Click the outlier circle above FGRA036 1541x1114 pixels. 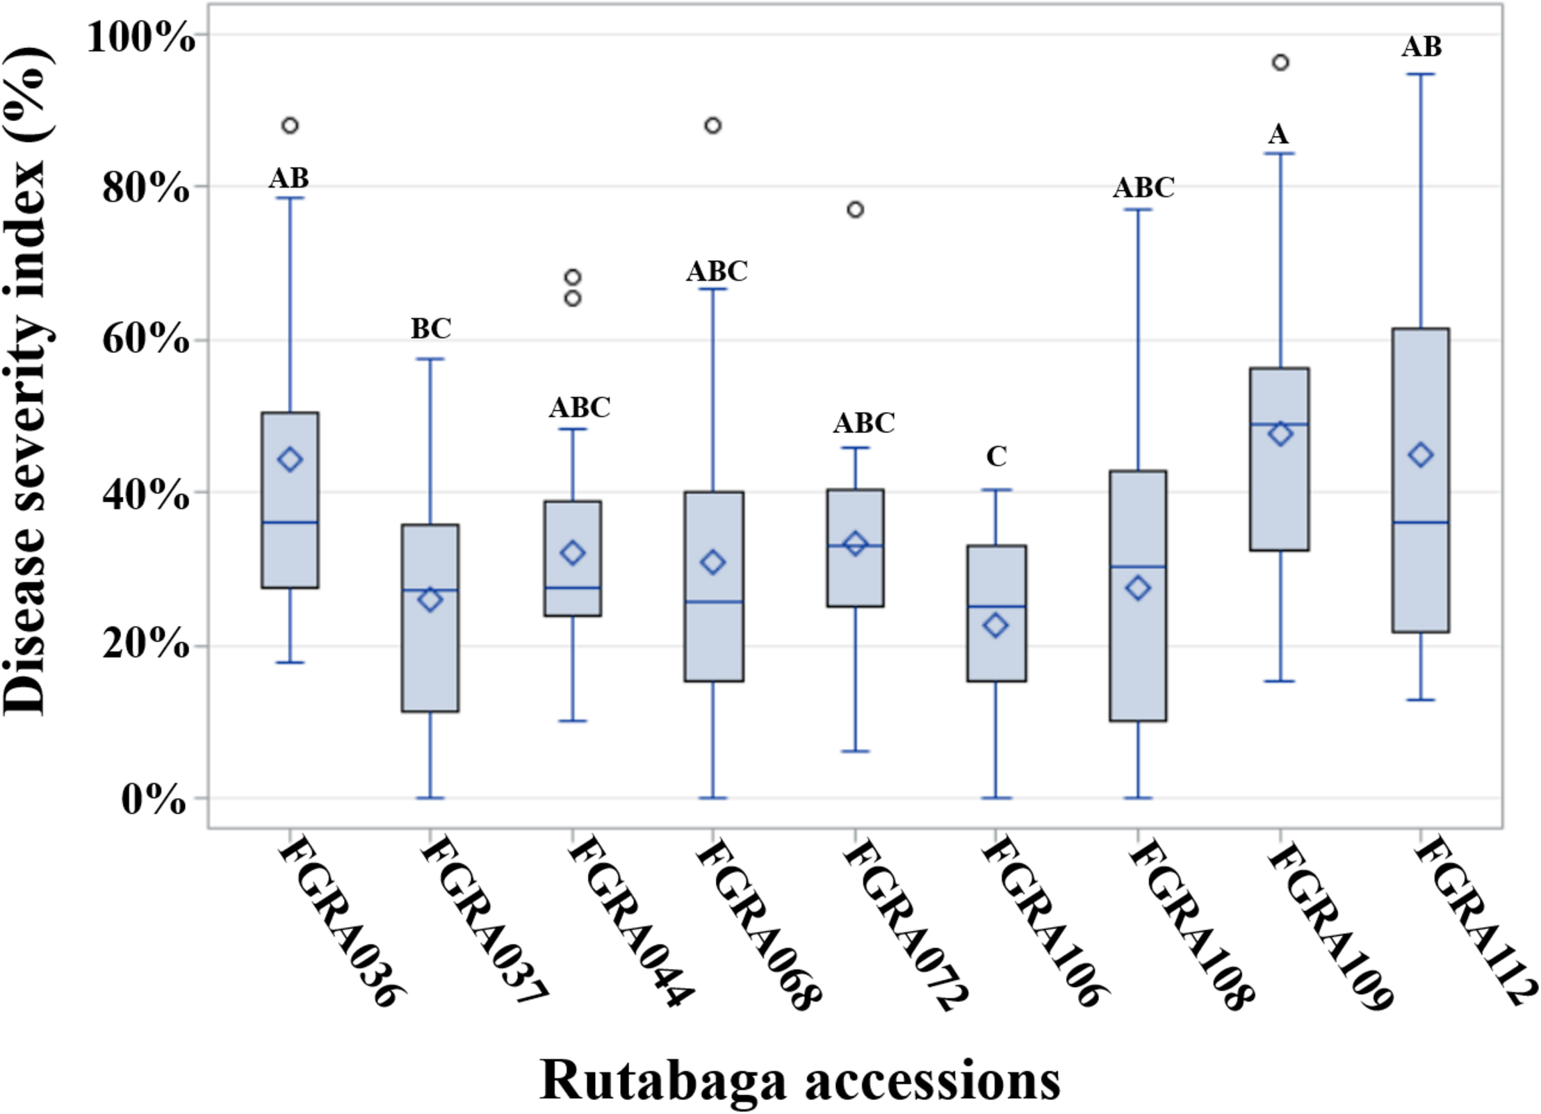[x=290, y=125]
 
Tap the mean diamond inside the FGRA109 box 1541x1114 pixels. [x=1280, y=434]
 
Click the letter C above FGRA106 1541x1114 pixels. [x=996, y=457]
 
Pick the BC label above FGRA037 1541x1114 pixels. [x=431, y=329]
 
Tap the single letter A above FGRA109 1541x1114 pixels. [x=1278, y=134]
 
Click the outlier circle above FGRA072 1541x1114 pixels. [x=855, y=209]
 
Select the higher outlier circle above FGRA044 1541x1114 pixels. [x=573, y=277]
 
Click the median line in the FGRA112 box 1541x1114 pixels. [x=1421, y=522]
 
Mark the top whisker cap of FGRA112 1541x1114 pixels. [x=1421, y=74]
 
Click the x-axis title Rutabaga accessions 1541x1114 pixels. [x=799, y=1081]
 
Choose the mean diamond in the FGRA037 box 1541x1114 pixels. [x=430, y=600]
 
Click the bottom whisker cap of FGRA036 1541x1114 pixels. [x=290, y=662]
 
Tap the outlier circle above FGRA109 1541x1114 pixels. [x=1280, y=63]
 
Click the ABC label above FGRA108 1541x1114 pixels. [x=1143, y=188]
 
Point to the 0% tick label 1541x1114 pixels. [x=154, y=800]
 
